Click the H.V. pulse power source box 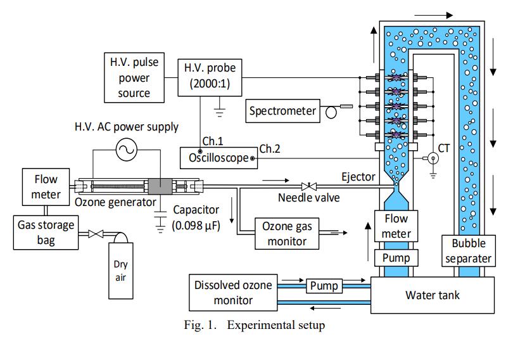point(134,77)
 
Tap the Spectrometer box point(282,111)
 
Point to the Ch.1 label point(207,141)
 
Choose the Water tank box point(433,295)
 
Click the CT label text point(444,149)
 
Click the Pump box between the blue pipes point(324,286)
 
